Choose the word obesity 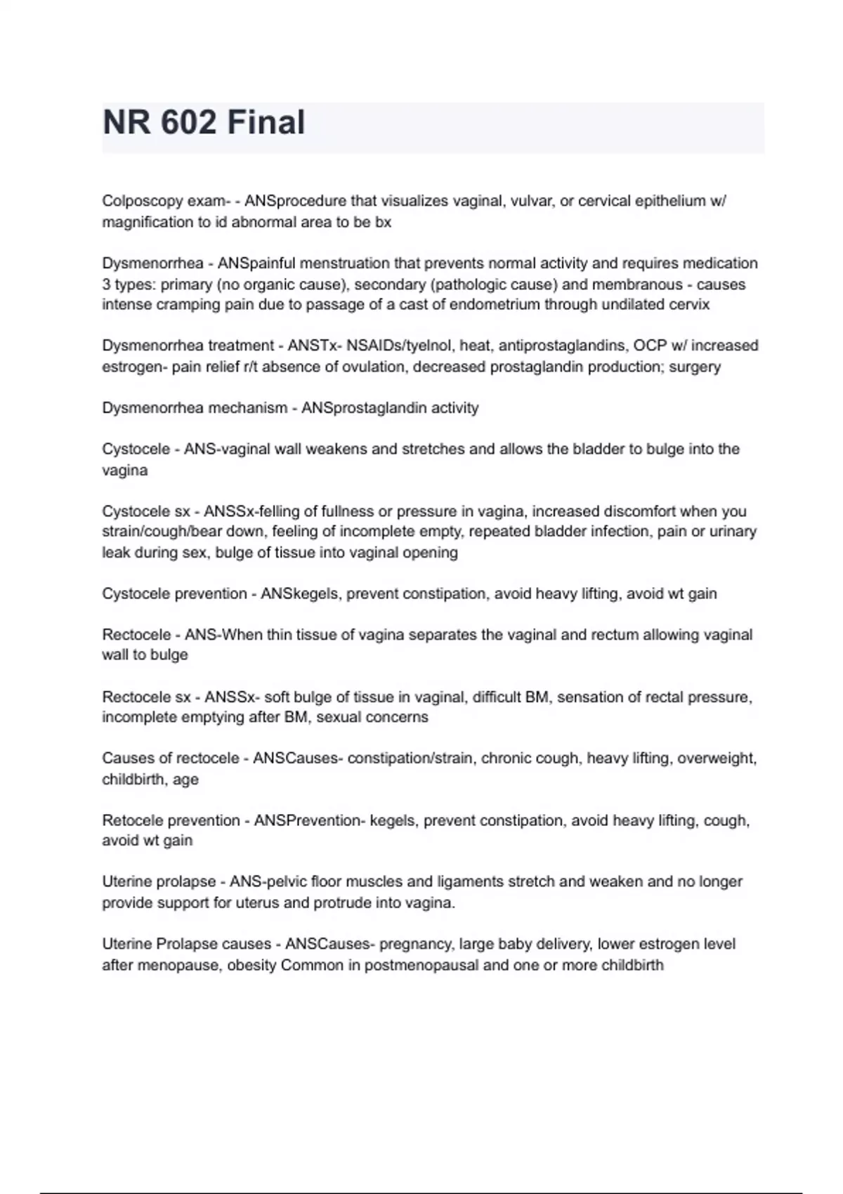[x=251, y=966]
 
